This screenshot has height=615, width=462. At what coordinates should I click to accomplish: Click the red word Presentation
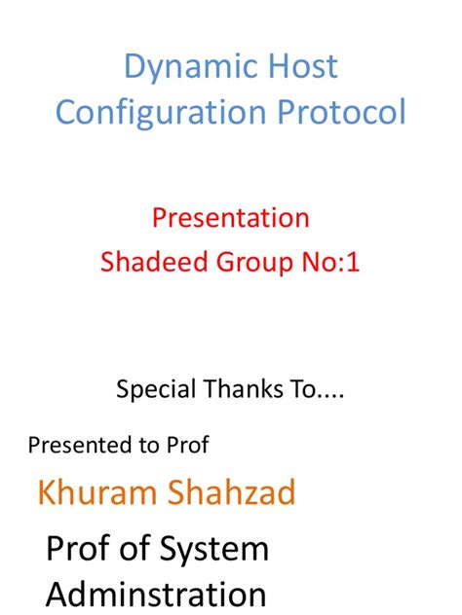231,217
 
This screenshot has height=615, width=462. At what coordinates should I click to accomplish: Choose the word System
212,550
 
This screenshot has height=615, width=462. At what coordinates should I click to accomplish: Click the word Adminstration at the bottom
156,594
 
